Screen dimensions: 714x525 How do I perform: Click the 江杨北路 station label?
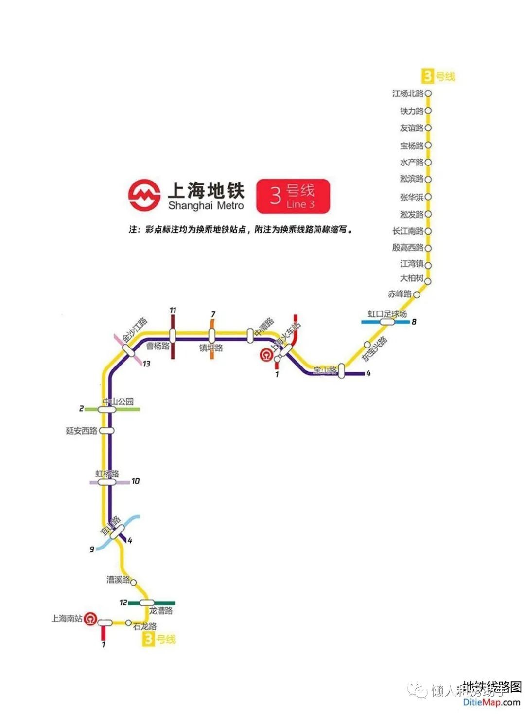pyautogui.click(x=408, y=93)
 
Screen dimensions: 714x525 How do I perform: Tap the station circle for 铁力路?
pyautogui.click(x=428, y=111)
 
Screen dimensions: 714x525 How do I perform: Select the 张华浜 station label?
pyautogui.click(x=412, y=197)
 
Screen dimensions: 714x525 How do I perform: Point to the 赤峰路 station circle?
pyautogui.click(x=417, y=294)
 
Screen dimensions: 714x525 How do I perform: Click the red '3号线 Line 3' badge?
pyautogui.click(x=293, y=196)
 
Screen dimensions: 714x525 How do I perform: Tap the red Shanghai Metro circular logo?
pyautogui.click(x=144, y=196)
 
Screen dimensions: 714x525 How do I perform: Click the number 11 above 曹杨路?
pyautogui.click(x=173, y=311)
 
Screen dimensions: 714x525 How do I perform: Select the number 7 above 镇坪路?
pyautogui.click(x=213, y=315)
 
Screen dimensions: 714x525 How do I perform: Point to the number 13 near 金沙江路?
pyautogui.click(x=146, y=364)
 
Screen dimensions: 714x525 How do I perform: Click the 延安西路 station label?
pyautogui.click(x=82, y=431)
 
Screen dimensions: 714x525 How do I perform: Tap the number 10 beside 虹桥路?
pyautogui.click(x=135, y=481)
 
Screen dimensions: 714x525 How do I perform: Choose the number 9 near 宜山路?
pyautogui.click(x=91, y=549)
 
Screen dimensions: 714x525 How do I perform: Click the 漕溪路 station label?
pyautogui.click(x=119, y=580)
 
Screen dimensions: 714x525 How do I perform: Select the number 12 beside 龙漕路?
pyautogui.click(x=123, y=603)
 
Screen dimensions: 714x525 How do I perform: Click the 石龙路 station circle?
pyautogui.click(x=128, y=622)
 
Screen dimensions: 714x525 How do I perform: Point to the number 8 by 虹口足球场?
pyautogui.click(x=414, y=322)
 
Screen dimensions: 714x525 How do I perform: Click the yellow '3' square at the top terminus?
pyautogui.click(x=427, y=76)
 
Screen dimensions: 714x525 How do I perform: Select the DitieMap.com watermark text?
pyautogui.click(x=491, y=702)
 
